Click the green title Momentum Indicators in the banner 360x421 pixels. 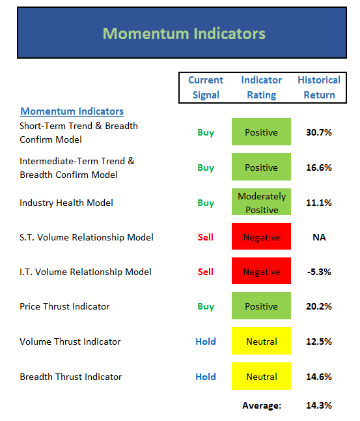184,33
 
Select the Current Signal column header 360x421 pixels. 206,87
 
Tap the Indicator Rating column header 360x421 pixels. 262,87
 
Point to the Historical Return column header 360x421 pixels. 319,87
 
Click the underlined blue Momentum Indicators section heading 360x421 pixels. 72,111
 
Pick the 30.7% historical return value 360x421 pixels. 319,132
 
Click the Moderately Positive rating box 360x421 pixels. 261,201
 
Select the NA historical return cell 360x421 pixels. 319,237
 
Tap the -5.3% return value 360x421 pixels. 319,272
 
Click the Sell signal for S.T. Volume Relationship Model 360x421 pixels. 206,237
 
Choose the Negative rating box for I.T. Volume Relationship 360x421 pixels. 261,270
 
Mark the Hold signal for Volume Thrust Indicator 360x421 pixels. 206,341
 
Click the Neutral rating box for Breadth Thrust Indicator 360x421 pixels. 261,376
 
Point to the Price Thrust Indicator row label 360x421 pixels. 64,306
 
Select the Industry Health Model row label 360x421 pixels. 66,203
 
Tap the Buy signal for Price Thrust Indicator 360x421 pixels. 206,306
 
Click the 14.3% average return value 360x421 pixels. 319,405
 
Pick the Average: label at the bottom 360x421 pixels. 262,405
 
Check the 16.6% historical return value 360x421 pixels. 319,167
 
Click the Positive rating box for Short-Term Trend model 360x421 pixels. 261,132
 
